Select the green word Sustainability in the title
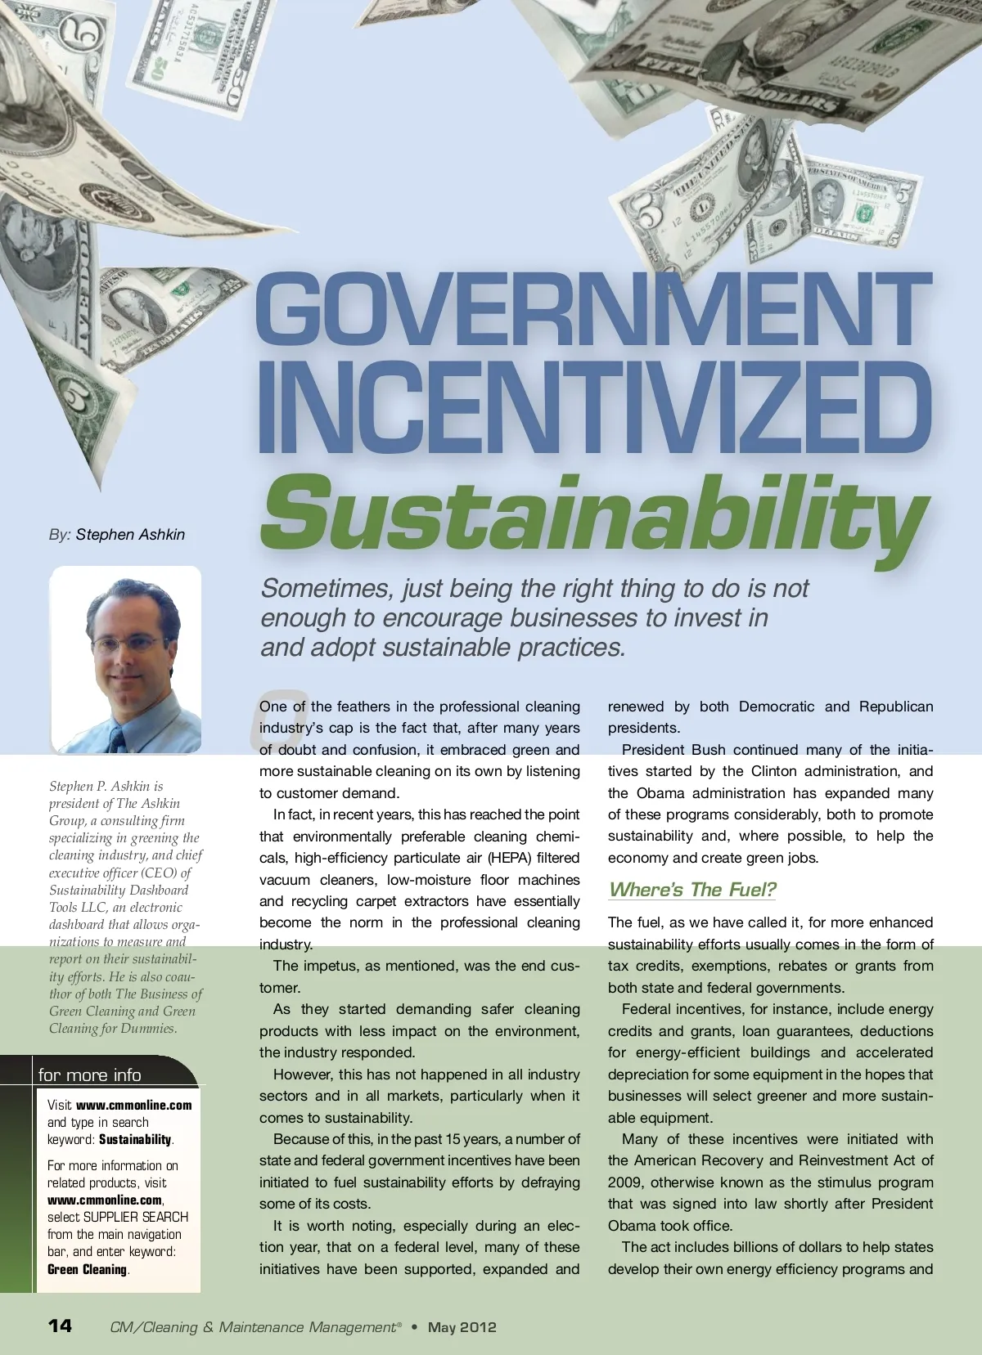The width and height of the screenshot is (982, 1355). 593,514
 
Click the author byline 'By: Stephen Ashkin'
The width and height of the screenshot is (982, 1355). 117,534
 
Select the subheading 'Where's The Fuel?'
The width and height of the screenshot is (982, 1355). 692,890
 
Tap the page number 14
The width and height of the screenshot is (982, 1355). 60,1326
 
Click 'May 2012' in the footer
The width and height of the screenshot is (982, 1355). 462,1326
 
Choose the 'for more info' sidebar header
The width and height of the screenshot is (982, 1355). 90,1075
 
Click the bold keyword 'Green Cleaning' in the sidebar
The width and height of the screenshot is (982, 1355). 88,1269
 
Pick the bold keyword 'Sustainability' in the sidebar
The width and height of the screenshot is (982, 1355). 135,1139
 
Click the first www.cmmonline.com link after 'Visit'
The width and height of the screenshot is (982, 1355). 134,1105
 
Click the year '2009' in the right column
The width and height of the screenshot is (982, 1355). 625,1182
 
